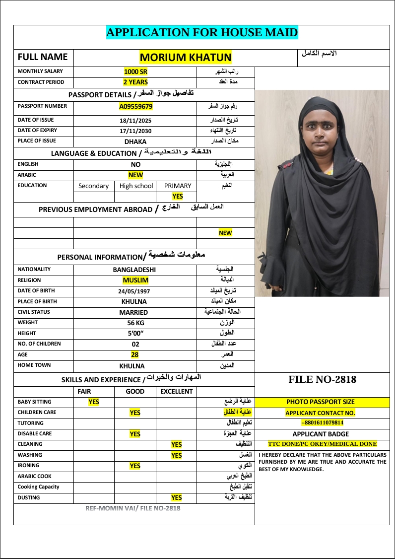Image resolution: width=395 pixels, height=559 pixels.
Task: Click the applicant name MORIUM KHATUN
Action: [x=186, y=58]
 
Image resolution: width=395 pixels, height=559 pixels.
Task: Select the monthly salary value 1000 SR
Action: [x=135, y=72]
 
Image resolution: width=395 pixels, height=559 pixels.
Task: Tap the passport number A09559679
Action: [x=135, y=106]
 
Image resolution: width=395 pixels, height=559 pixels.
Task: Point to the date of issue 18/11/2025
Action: [x=135, y=121]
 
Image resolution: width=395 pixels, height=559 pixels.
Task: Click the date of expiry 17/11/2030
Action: [x=135, y=131]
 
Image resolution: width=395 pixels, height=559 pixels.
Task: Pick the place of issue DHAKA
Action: [x=135, y=141]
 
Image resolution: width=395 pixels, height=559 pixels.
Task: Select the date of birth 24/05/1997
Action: [x=135, y=291]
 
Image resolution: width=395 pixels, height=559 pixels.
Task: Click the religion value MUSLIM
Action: [x=135, y=280]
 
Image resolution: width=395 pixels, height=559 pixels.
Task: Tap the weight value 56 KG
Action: [x=135, y=323]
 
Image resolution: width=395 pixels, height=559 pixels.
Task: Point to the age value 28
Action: [x=135, y=354]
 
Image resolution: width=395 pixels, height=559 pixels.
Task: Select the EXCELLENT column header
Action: [x=176, y=391]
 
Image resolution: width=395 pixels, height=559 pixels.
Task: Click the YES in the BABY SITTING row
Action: [x=94, y=402]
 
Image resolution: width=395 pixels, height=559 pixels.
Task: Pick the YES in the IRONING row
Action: [x=135, y=466]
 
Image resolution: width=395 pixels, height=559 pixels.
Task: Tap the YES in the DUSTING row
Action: [x=176, y=497]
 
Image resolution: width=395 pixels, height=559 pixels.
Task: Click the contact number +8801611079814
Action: [x=322, y=423]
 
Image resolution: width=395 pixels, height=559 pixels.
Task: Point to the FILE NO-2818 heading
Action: [x=322, y=380]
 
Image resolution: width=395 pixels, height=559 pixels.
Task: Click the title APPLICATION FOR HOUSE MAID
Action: [x=202, y=33]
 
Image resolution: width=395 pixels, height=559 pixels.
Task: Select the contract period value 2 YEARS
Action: [x=135, y=82]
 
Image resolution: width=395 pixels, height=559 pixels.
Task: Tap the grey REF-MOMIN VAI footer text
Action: [x=133, y=508]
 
